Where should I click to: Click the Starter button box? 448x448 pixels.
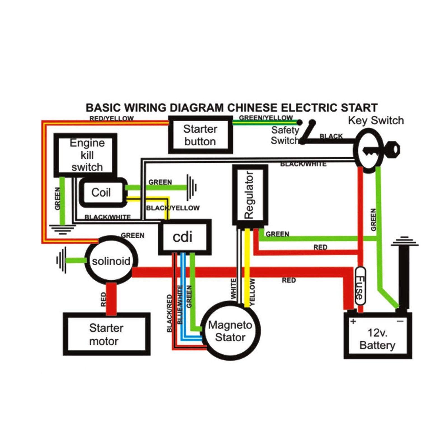click(x=200, y=135)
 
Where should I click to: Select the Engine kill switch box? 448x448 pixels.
click(x=86, y=155)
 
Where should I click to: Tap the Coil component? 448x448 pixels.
click(x=101, y=193)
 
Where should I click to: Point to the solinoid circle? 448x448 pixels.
click(x=111, y=261)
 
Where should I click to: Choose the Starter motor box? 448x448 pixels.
click(x=106, y=334)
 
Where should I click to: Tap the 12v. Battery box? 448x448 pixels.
click(x=377, y=339)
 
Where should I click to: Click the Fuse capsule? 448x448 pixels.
click(x=360, y=286)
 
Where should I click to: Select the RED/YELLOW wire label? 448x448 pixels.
click(x=111, y=118)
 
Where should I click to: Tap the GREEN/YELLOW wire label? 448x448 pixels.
click(x=266, y=118)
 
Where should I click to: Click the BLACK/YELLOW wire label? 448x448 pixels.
click(x=173, y=208)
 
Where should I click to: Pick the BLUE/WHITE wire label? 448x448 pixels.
click(x=180, y=305)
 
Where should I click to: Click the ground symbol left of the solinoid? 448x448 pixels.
click(x=62, y=260)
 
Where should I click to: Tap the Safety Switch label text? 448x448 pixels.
click(x=284, y=135)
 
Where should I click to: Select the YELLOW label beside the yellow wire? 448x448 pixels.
click(x=253, y=292)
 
